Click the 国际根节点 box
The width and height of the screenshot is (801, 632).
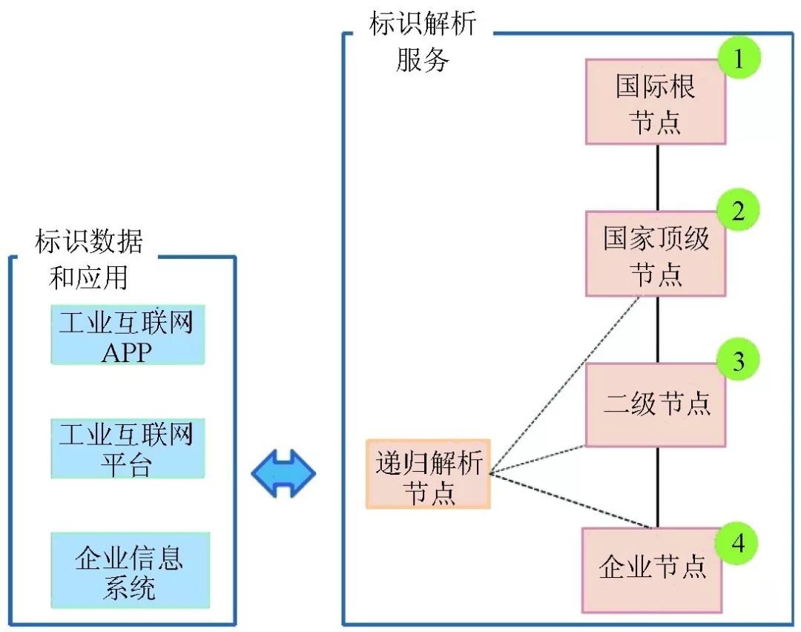[x=656, y=102]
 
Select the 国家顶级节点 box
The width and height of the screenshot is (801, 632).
[x=656, y=254]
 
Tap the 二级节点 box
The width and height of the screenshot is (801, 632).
[x=656, y=405]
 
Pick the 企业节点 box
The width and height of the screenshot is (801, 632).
[x=651, y=570]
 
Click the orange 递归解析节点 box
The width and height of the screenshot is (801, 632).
[x=428, y=474]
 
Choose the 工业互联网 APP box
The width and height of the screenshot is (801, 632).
[x=127, y=335]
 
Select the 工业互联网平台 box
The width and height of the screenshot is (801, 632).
[x=127, y=449]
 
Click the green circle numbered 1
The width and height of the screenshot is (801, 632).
[x=738, y=59]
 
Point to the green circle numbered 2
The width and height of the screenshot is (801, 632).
[x=738, y=211]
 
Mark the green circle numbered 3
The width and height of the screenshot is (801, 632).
[x=738, y=361]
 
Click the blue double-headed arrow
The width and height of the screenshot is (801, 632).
[x=283, y=473]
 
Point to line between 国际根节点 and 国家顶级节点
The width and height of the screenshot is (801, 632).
[x=658, y=177]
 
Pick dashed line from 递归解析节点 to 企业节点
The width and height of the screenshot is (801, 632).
[x=571, y=501]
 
